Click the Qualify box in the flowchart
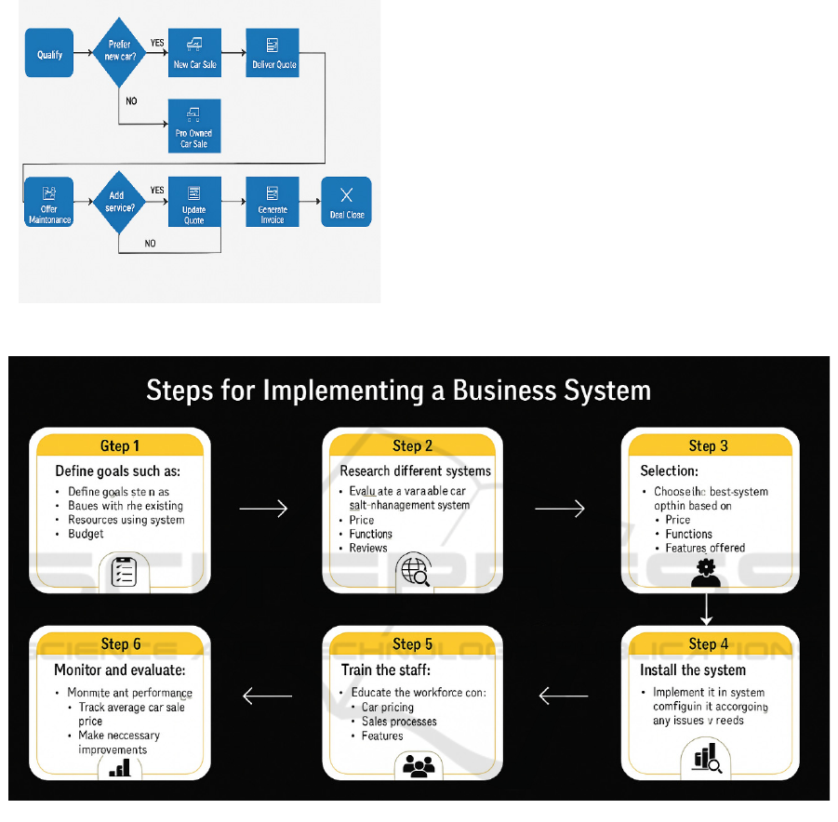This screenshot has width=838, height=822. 49,55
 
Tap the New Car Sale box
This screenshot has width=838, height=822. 194,53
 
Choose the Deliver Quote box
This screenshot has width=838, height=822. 273,53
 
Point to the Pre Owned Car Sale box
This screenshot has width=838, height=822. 194,126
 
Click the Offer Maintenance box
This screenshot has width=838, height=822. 49,202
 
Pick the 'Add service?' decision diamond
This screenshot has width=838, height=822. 119,202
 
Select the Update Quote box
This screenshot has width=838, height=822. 194,202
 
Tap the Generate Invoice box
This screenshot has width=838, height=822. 273,202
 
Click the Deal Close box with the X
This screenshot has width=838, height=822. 347,202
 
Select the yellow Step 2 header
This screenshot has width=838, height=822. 412,445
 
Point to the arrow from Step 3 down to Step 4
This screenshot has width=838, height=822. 706,608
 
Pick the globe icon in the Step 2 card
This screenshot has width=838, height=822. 415,572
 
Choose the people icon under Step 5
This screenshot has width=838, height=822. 420,766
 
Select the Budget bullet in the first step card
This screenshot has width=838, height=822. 86,534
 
